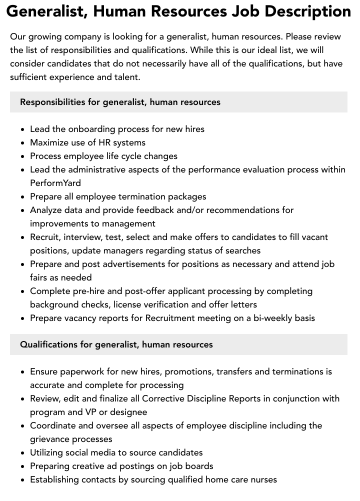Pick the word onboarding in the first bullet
click(x=88, y=129)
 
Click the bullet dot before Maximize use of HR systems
click(x=23, y=143)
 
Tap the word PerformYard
click(x=55, y=183)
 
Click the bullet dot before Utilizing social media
click(x=23, y=453)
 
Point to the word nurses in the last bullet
click(x=262, y=479)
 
